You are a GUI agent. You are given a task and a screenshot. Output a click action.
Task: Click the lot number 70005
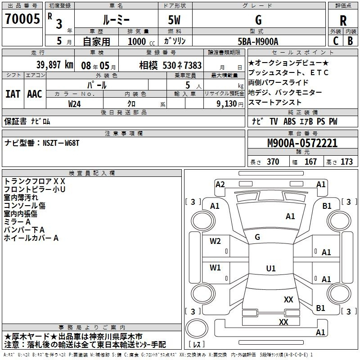[22, 18]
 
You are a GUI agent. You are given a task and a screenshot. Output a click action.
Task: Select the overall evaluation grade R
[343, 21]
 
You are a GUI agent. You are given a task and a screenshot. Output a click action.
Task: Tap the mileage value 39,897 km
[55, 65]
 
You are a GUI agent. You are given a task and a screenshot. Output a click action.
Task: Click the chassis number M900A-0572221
[302, 143]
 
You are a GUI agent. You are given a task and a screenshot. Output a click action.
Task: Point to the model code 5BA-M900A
[258, 41]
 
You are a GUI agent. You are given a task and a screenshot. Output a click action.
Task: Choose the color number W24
[75, 104]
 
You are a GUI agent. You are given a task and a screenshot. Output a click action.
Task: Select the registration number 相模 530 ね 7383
[171, 65]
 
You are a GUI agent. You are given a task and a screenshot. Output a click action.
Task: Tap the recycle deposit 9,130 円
[230, 104]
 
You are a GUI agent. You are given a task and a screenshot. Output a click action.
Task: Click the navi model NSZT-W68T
[61, 143]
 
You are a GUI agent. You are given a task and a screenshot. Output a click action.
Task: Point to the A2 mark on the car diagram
[220, 184]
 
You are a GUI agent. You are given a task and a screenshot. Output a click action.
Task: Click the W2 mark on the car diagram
[215, 241]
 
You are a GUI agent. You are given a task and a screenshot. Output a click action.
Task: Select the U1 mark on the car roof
[271, 268]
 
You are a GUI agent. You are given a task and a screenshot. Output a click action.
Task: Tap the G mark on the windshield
[257, 237]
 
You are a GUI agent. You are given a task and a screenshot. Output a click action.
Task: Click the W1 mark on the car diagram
[215, 267]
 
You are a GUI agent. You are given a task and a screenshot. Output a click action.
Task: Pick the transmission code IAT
[13, 94]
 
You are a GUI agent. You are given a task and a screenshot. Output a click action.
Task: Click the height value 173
[346, 162]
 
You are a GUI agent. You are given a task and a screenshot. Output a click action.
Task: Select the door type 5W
[174, 20]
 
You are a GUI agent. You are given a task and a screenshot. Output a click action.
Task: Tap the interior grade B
[350, 41]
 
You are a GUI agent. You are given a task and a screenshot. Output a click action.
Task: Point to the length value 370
[273, 162]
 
